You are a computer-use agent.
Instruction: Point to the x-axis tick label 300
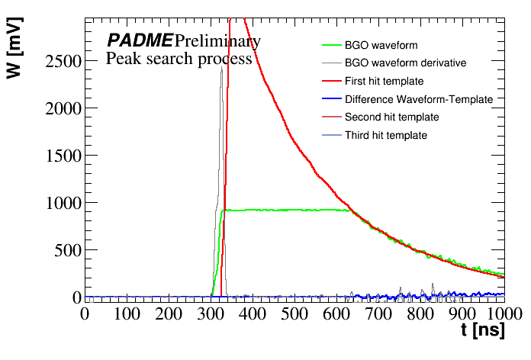coord(210,313)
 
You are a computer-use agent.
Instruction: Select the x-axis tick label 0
coord(85,313)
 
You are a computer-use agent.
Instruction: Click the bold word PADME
coord(140,40)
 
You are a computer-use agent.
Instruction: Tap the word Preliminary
coord(217,40)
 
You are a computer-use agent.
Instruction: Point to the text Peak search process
coord(179,59)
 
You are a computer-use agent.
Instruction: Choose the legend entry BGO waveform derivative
coord(405,63)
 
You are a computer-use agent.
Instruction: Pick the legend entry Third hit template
coord(386,136)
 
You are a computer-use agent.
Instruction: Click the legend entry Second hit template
coord(391,117)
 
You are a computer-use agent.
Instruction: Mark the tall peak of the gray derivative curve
coord(221,68)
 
